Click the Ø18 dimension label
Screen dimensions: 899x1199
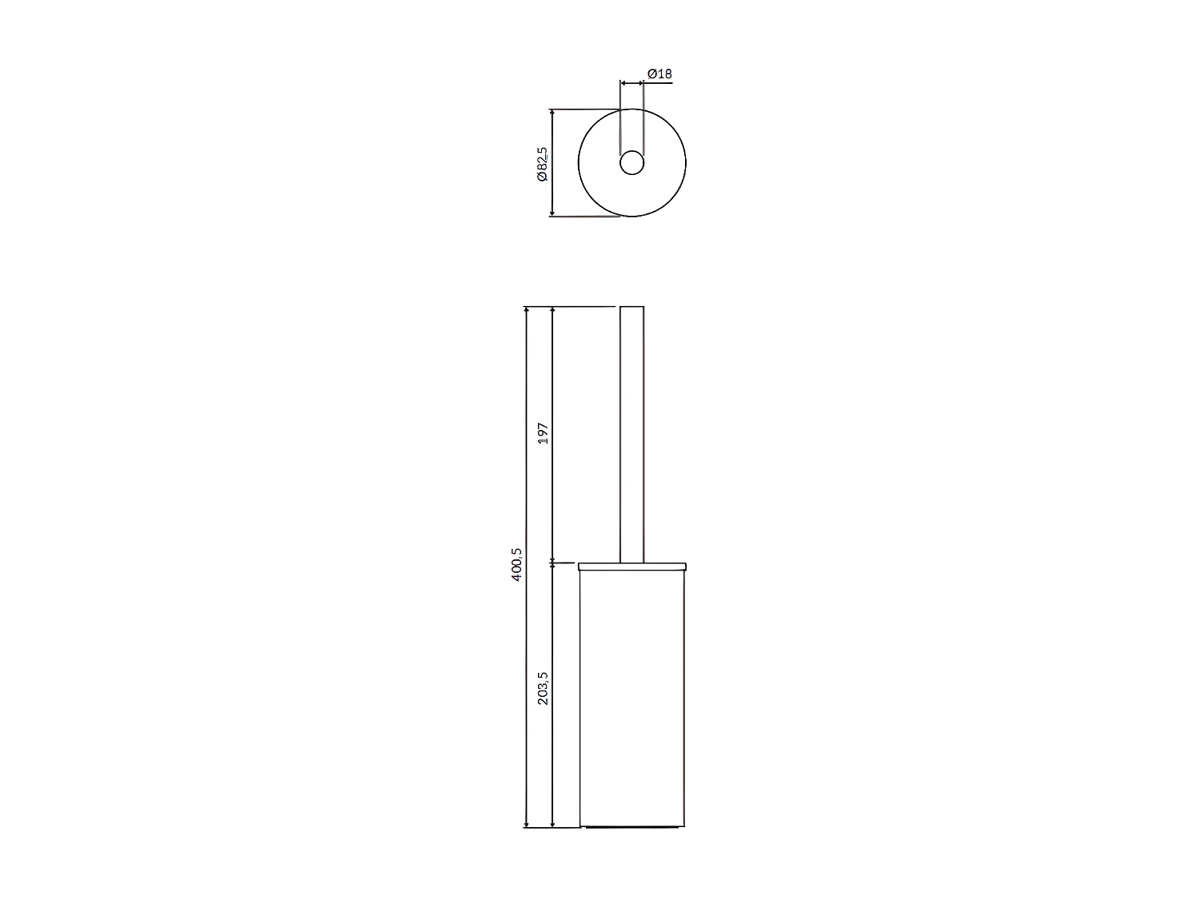tap(659, 74)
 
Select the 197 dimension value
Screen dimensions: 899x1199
tap(544, 435)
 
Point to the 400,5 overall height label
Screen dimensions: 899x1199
tap(517, 564)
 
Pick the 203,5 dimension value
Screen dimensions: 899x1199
tap(544, 688)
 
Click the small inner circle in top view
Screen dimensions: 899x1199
tap(631, 162)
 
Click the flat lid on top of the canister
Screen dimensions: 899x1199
tap(631, 566)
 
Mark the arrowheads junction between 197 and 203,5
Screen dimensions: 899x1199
tap(552, 563)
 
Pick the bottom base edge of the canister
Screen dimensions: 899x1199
tap(631, 827)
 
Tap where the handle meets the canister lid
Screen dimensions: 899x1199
tap(631, 562)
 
